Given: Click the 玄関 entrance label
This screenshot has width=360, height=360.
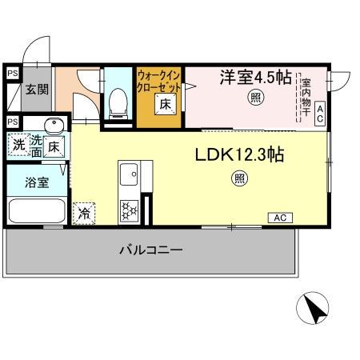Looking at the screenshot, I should tap(35, 90).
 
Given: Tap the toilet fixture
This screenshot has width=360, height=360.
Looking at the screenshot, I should tap(118, 101).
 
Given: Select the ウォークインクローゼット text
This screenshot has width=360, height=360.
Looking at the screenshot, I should tap(160, 81).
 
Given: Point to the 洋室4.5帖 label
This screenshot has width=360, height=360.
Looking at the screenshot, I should tap(256, 78).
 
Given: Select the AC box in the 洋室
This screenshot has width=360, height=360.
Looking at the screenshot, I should tap(320, 112).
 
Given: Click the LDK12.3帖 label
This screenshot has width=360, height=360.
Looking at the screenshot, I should tap(238, 154).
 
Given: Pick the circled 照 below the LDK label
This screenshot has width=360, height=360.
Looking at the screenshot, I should tap(240, 178).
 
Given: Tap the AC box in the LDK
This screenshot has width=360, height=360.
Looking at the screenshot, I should tap(281, 217).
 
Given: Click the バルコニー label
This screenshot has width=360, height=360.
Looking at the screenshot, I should tap(151, 250).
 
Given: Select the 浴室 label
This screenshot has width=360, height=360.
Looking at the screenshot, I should tap(34, 182).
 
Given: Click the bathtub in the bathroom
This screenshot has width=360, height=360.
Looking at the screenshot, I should tap(37, 211).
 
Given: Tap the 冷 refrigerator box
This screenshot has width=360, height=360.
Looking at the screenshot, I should tap(84, 213).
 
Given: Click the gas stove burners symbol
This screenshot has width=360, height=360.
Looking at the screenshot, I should tap(130, 212).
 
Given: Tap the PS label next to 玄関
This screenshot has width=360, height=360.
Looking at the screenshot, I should tap(12, 74).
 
